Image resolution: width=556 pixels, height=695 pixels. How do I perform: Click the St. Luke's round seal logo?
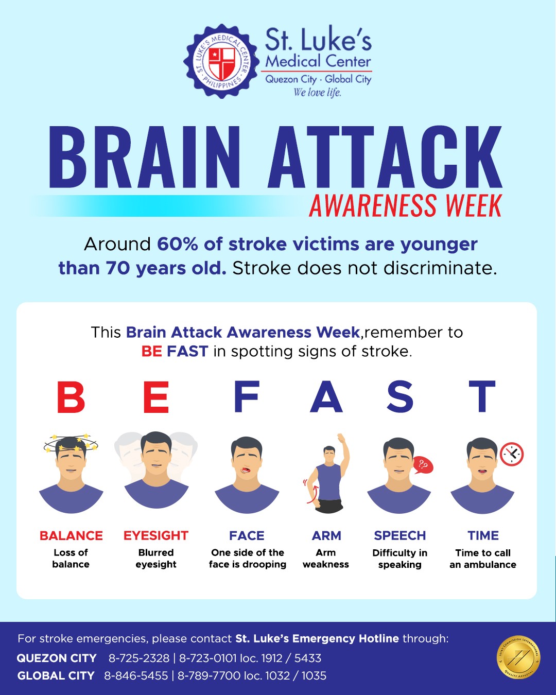point(221,61)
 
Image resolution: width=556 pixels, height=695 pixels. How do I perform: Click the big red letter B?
point(71,397)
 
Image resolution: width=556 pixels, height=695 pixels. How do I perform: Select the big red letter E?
point(156,397)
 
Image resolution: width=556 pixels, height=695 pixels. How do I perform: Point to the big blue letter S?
point(400,397)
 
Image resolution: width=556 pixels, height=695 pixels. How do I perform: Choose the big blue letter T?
point(482,397)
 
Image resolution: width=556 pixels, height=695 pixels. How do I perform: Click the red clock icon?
point(512,454)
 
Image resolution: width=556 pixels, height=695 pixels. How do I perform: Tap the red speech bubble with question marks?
point(423,465)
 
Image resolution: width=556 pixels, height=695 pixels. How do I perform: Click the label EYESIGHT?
point(156,535)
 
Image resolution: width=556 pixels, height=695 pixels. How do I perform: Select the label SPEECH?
point(400,535)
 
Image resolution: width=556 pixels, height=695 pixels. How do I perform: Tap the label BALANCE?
point(71,535)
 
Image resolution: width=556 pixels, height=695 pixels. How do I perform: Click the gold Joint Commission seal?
point(518,657)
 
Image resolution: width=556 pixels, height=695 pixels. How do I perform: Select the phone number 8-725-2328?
point(139,658)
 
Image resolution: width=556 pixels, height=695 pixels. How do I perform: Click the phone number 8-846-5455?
point(136,675)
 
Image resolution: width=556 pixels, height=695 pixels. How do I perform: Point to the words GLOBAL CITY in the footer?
point(56,675)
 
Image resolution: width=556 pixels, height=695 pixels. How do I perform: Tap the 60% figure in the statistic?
point(178,244)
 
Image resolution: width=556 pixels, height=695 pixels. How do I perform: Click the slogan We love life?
point(317,93)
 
